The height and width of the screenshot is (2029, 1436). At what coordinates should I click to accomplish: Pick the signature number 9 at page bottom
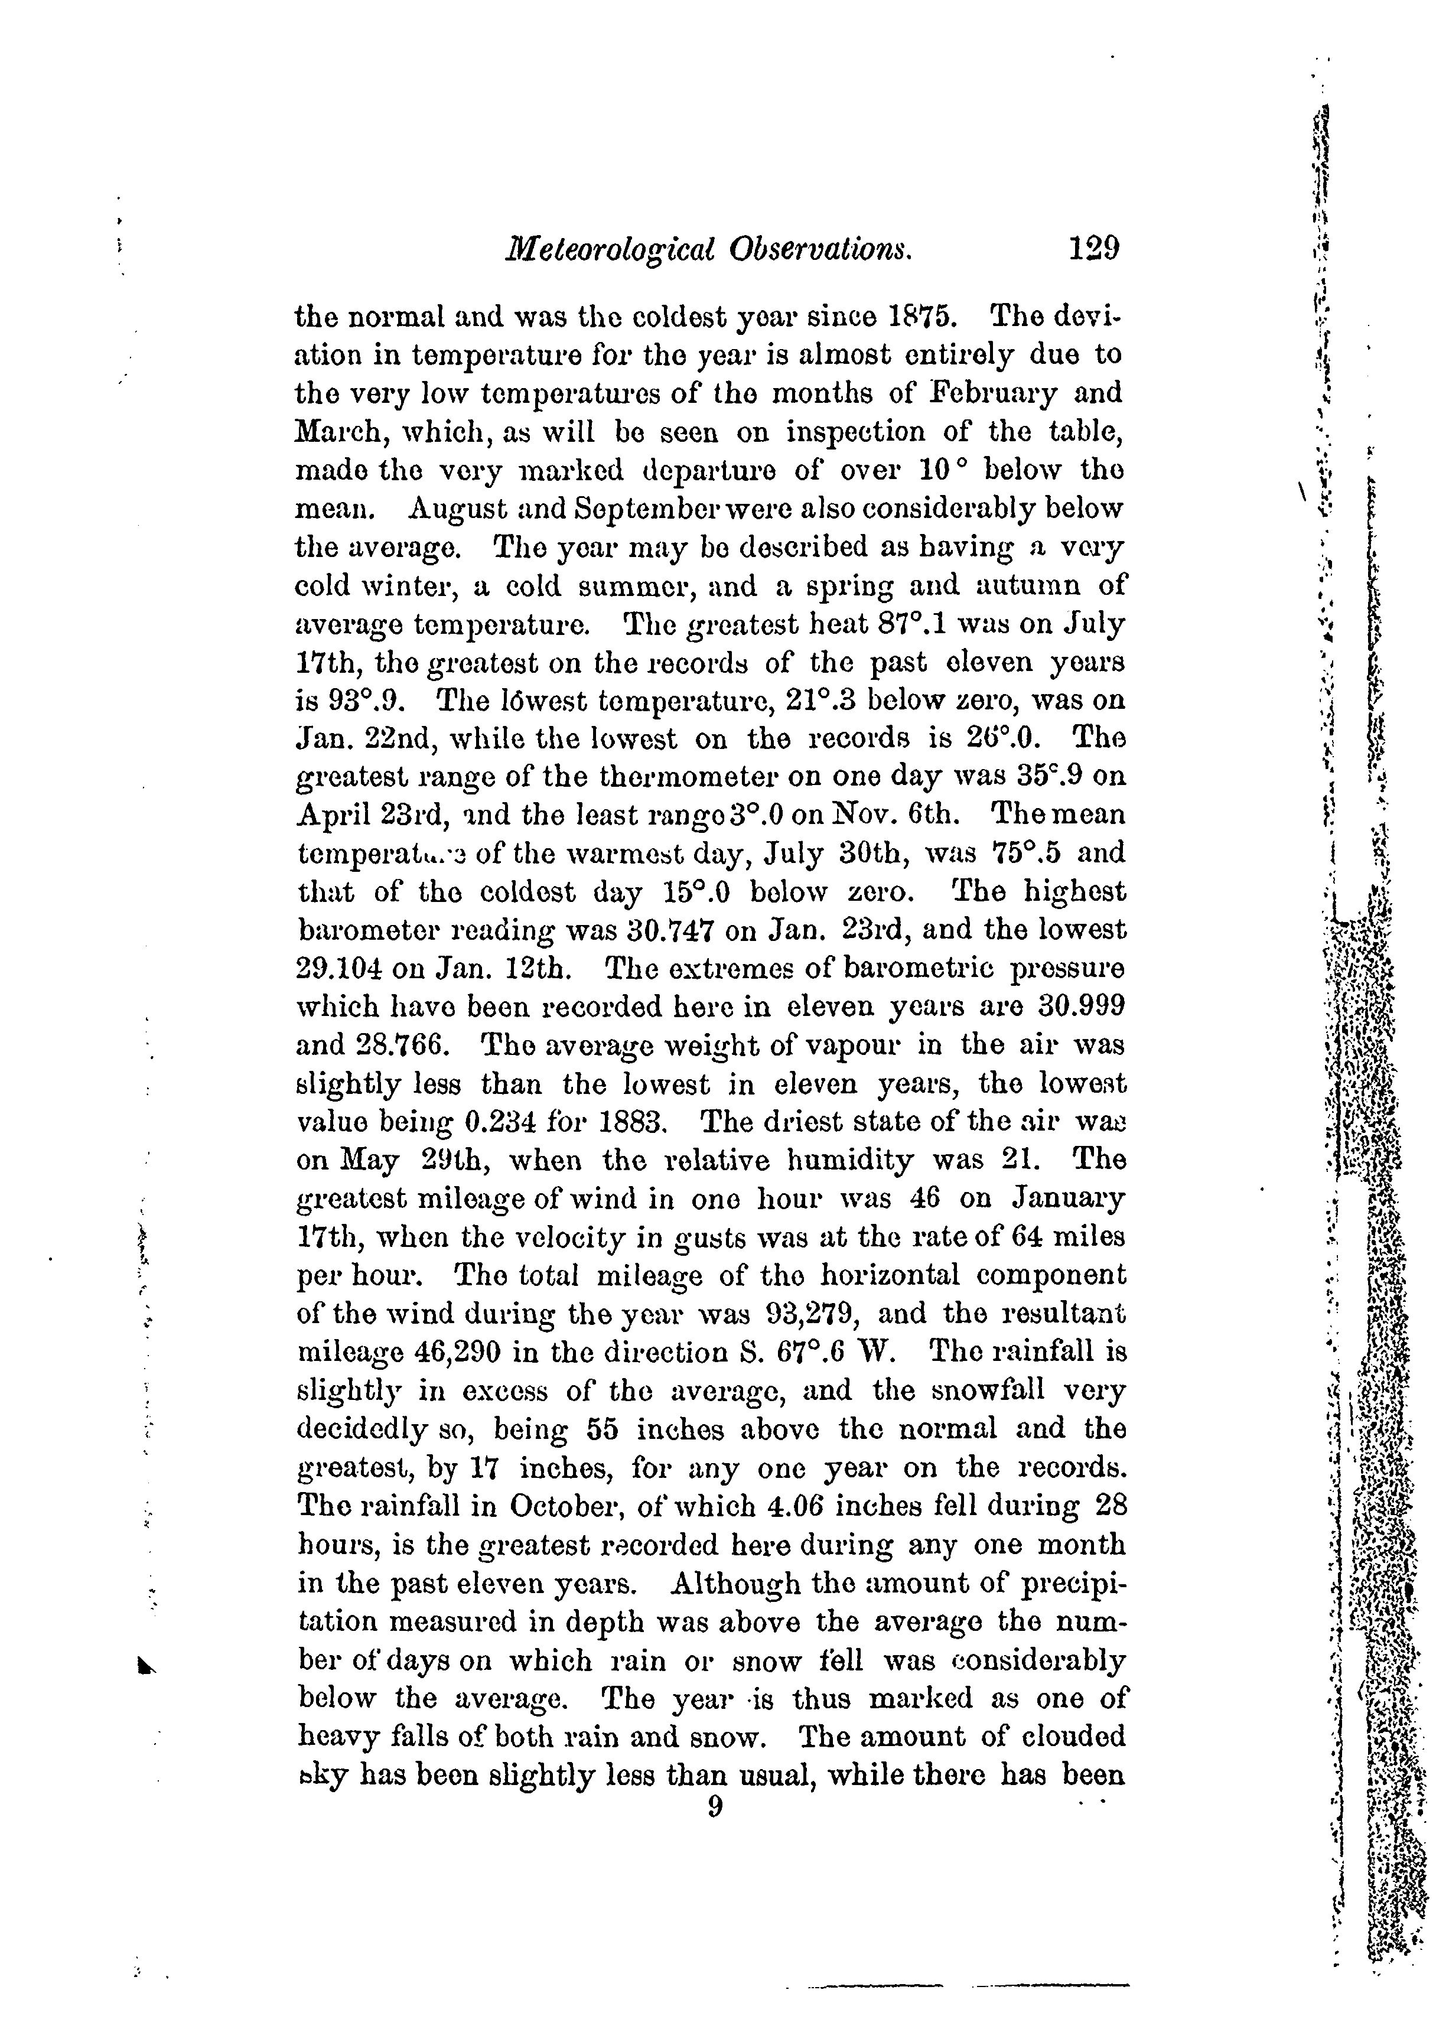715,1806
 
